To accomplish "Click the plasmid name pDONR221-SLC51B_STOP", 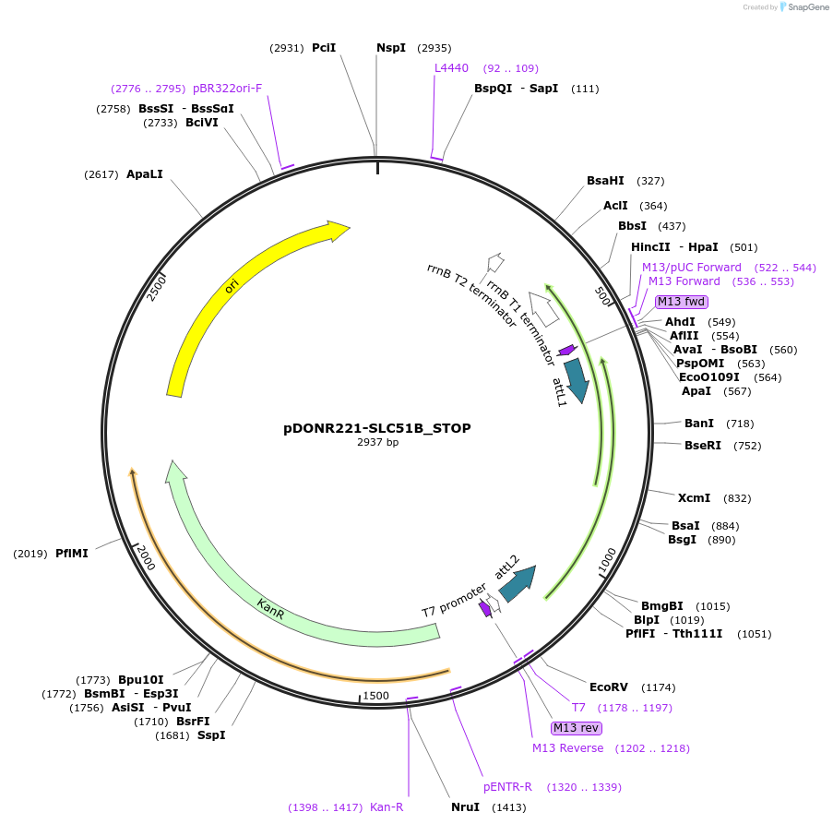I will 377,428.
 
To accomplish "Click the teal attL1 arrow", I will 577,379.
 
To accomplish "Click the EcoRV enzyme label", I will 608,687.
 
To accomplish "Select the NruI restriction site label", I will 466,807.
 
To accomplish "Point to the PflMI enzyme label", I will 72,554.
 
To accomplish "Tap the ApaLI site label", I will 144,174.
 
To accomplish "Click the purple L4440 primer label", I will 452,68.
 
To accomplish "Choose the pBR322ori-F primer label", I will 228,89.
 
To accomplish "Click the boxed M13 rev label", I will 570,728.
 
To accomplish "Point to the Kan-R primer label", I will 387,807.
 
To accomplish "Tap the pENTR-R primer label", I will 508,787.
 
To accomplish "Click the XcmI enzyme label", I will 694,498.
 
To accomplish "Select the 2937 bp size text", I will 378,443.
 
